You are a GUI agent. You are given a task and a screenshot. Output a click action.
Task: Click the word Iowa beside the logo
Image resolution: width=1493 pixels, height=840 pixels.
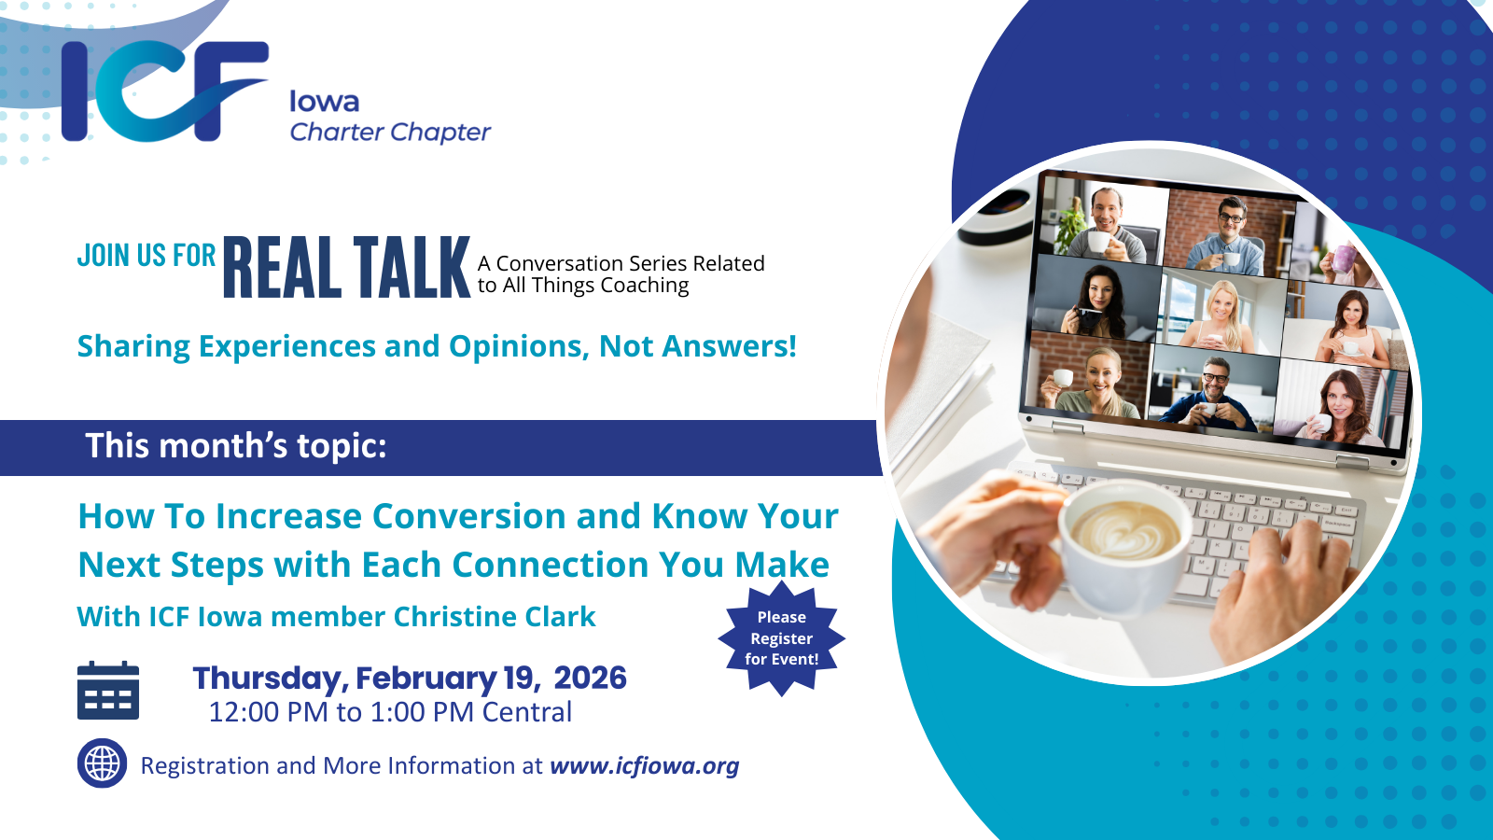(325, 102)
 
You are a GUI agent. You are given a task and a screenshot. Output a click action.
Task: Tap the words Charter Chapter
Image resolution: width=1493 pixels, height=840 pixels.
(391, 132)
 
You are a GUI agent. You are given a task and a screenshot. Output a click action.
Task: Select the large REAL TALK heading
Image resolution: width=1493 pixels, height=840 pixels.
(346, 267)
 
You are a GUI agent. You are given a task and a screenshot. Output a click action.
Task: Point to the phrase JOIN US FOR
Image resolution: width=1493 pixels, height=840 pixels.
(147, 256)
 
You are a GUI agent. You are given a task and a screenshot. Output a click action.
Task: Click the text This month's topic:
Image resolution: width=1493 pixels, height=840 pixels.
(236, 445)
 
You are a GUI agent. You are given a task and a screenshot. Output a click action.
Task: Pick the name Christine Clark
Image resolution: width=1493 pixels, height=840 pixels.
(495, 617)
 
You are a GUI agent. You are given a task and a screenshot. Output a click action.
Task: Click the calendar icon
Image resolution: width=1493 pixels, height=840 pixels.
(108, 690)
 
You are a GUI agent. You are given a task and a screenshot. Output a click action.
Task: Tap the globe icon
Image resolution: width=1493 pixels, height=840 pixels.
(102, 763)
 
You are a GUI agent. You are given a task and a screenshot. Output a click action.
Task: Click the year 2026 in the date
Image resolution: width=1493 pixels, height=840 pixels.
(590, 678)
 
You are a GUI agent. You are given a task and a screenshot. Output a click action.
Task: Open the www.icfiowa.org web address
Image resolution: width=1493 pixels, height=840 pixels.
(645, 766)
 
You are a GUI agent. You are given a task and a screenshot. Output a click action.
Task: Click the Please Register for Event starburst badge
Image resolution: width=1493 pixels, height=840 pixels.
(781, 638)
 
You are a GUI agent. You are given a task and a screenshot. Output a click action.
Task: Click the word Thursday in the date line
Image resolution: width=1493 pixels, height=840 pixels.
(271, 679)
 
